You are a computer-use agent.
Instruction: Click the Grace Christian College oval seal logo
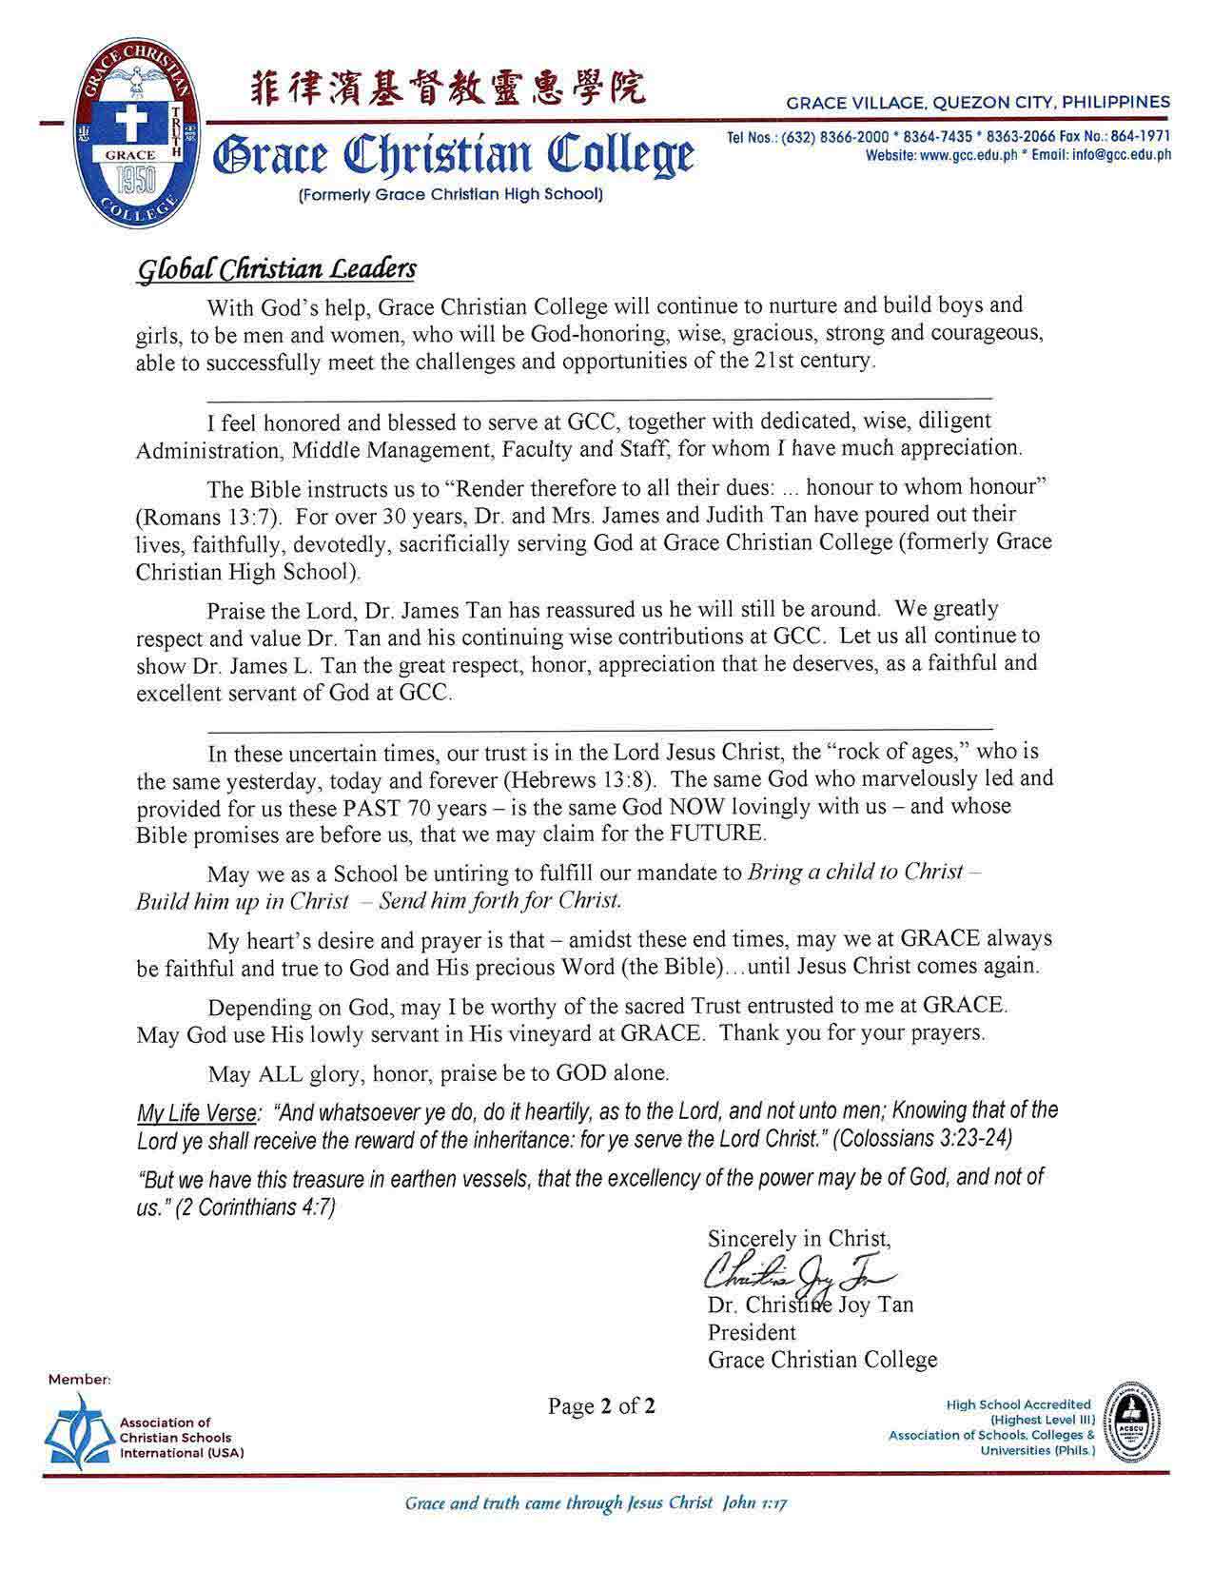139,138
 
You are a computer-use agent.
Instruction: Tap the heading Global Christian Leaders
277,270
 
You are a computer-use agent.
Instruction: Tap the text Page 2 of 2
601,1405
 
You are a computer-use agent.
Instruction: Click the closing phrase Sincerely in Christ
799,1239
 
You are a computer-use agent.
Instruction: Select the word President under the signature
752,1332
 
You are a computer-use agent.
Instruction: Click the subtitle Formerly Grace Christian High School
451,195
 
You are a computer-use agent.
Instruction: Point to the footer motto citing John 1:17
597,1503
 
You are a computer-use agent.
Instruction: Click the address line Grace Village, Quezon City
978,102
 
